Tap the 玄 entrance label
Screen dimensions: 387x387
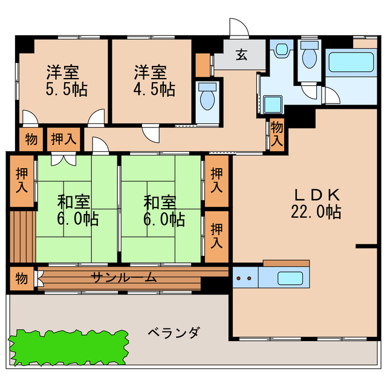point(241,56)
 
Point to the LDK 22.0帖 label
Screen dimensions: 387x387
point(318,203)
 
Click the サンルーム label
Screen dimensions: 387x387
point(124,278)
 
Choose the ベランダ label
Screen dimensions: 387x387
point(173,333)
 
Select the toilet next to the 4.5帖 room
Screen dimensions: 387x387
point(207,97)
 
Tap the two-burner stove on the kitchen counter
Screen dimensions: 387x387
point(244,279)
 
